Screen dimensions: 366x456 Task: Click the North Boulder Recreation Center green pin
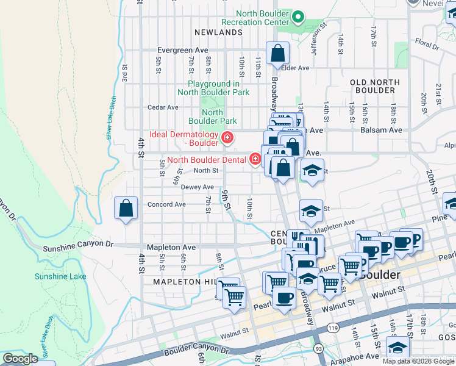(x=298, y=16)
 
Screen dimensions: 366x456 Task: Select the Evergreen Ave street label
(x=183, y=50)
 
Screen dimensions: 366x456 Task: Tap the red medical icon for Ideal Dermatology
(x=227, y=138)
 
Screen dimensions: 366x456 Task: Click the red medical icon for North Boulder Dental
(x=255, y=160)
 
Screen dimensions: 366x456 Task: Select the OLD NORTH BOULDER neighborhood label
(x=375, y=86)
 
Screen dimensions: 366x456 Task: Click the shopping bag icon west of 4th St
(x=125, y=209)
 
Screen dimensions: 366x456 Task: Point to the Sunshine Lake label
(x=60, y=276)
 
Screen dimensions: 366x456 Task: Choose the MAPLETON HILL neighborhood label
(x=185, y=282)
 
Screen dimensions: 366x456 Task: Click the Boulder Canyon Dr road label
(x=194, y=351)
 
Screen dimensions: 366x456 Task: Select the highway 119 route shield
(x=333, y=328)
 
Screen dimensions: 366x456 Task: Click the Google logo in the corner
(x=21, y=359)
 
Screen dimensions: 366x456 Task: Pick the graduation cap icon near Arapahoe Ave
(x=397, y=348)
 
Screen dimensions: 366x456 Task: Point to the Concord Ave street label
(x=166, y=204)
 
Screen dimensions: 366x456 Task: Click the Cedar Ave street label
(x=163, y=107)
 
